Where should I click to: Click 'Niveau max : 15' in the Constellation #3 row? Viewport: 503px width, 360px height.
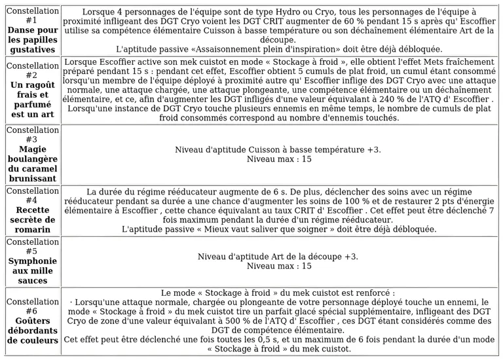[278, 159]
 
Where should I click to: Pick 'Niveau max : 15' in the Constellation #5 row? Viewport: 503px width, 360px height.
[278, 266]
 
